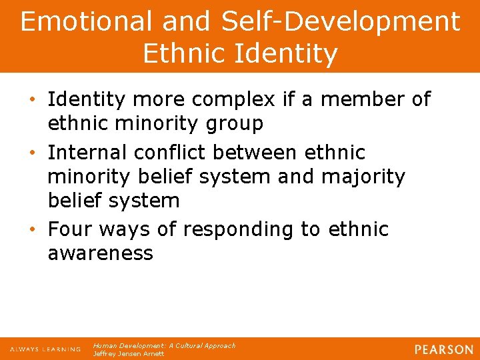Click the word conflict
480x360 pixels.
(x=169, y=153)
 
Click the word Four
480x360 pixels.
(x=72, y=229)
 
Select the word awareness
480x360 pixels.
(x=100, y=253)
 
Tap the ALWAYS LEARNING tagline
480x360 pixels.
(x=45, y=349)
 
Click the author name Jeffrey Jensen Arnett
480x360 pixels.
(x=129, y=353)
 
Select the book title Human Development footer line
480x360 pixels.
(x=164, y=345)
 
